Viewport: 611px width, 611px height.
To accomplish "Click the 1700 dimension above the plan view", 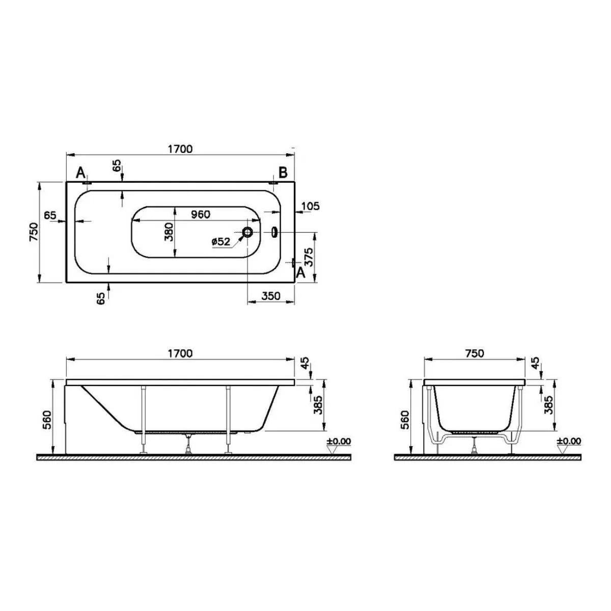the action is click(x=180, y=149).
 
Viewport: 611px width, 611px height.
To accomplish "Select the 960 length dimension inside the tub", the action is click(x=201, y=214).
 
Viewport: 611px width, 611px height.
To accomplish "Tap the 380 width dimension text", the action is click(x=170, y=232).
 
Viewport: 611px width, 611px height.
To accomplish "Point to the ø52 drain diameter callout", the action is click(x=220, y=242).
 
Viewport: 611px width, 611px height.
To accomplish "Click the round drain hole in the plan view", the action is click(x=247, y=232).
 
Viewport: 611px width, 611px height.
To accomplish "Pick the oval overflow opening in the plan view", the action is click(x=274, y=232).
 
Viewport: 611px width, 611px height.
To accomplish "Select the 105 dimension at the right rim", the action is click(x=311, y=206).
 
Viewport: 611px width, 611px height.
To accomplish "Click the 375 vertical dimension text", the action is click(x=309, y=257).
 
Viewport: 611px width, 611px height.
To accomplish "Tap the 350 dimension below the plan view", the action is click(x=271, y=296).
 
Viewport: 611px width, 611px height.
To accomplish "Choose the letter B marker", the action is click(x=283, y=173).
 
